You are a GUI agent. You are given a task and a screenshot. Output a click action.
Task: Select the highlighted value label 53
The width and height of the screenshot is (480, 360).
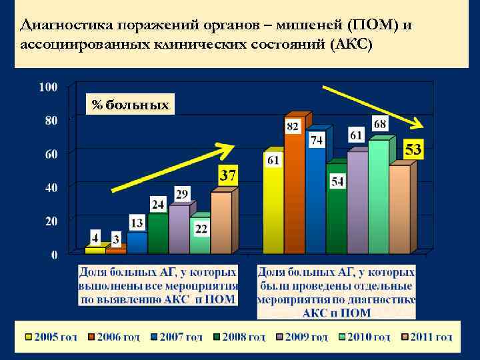(x=413, y=149)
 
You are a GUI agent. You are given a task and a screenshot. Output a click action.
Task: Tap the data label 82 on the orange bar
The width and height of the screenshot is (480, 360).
(x=292, y=126)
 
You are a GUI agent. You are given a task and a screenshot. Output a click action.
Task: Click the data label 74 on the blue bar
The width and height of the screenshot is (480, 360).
(x=316, y=140)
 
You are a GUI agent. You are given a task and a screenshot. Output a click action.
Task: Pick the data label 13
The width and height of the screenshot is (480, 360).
(x=136, y=223)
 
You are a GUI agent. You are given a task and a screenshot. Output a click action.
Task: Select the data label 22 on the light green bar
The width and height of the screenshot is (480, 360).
(x=201, y=229)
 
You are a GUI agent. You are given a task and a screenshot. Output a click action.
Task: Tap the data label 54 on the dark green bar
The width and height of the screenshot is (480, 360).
(x=337, y=181)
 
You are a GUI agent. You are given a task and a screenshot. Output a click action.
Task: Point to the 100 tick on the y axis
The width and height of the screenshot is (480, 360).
(x=48, y=87)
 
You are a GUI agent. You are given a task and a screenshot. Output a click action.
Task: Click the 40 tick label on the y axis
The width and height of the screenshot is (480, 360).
(x=51, y=188)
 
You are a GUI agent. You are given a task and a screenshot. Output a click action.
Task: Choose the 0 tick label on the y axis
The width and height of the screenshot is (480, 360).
(x=53, y=255)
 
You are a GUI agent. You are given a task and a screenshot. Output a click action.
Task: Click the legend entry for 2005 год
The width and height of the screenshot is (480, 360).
(x=51, y=337)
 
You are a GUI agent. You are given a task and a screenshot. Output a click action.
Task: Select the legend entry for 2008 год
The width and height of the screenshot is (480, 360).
(x=239, y=337)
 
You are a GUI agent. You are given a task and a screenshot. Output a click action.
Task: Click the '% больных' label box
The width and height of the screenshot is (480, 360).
(x=131, y=105)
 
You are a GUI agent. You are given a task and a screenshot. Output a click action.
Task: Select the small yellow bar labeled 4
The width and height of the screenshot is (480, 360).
(x=95, y=251)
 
